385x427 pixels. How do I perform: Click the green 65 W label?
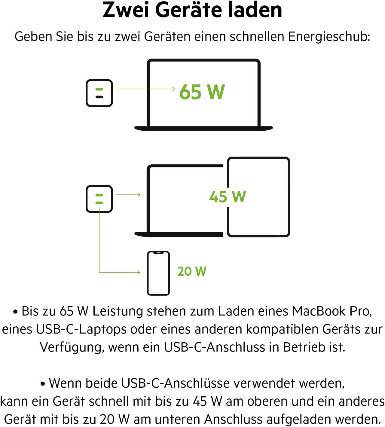[x=202, y=92]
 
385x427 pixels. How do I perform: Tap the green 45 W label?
[x=228, y=197]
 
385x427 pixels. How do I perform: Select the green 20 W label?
[x=192, y=271]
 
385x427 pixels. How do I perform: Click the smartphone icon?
[x=158, y=273]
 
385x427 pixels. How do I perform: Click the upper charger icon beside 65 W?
[x=99, y=93]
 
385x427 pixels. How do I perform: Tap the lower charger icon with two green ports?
[x=99, y=199]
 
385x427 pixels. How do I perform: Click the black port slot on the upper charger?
[x=99, y=97]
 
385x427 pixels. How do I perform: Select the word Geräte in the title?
[x=189, y=11]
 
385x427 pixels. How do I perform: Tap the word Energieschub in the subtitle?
[x=329, y=37]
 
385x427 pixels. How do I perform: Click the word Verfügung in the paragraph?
[x=72, y=348]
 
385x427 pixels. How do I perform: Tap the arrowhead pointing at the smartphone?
[x=139, y=272]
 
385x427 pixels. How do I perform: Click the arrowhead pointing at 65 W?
[x=173, y=89]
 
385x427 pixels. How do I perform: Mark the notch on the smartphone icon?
[x=158, y=253]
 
